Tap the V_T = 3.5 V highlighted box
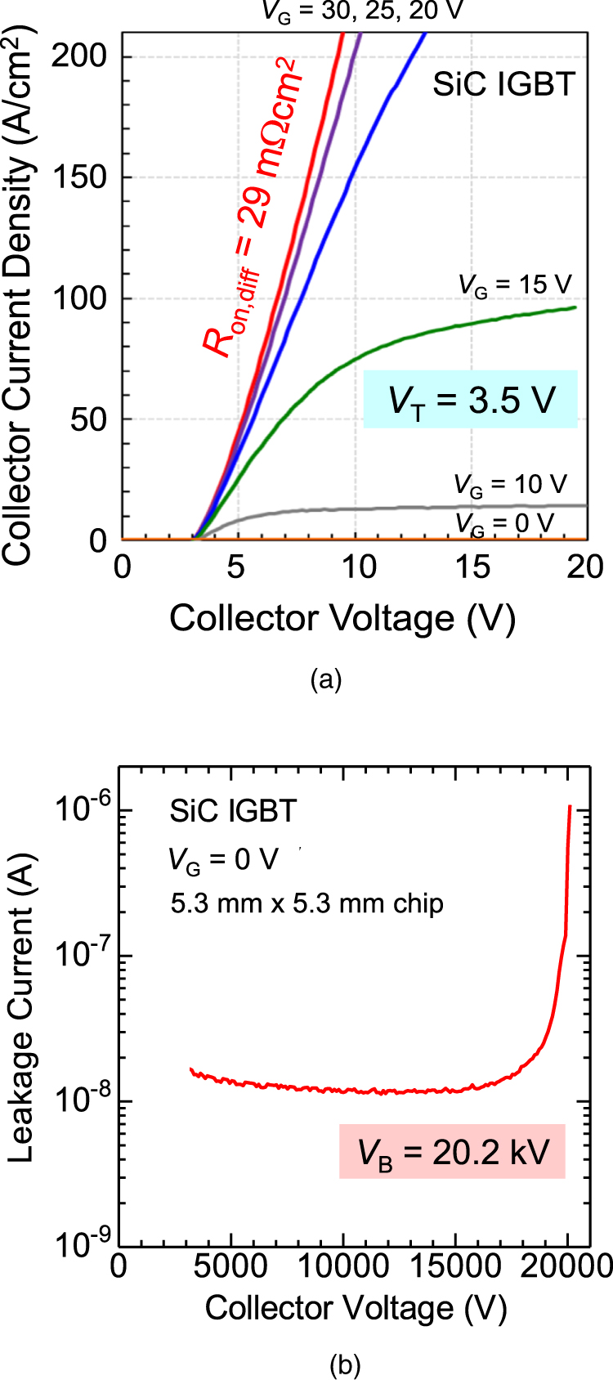[x=471, y=400]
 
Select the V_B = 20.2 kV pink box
[x=452, y=1152]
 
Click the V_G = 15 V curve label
[x=514, y=285]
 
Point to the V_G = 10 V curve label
[x=510, y=485]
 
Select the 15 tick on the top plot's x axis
[x=472, y=567]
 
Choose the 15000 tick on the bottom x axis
[x=454, y=1266]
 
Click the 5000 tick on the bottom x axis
[x=230, y=1266]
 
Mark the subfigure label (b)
[x=344, y=1364]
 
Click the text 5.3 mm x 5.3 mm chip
[x=306, y=903]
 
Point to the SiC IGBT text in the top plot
[x=503, y=84]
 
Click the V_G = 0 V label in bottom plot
[x=223, y=860]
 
